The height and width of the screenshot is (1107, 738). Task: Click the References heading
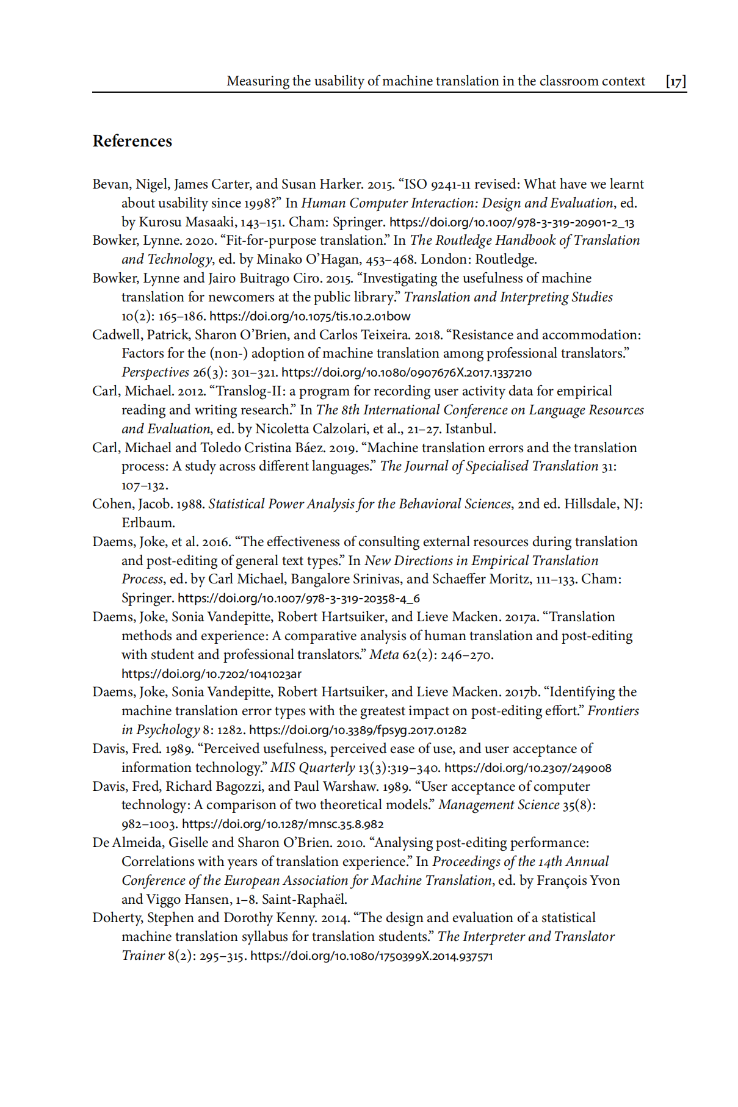132,141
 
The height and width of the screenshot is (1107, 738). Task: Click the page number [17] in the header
676,81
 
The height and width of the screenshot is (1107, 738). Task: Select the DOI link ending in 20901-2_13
512,222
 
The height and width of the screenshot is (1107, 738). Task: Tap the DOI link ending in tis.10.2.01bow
309,316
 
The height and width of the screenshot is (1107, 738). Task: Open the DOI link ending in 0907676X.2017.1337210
406,372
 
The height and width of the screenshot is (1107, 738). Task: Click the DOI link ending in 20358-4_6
298,598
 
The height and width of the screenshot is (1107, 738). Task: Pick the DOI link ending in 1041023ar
211,674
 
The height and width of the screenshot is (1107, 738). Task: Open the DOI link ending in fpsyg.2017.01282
358,730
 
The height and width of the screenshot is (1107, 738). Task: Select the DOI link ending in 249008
527,768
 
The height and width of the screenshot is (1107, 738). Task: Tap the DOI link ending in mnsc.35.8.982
283,824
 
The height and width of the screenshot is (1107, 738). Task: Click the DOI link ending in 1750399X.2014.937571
371,956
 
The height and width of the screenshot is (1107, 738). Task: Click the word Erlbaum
148,523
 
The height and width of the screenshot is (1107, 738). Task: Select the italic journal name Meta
384,655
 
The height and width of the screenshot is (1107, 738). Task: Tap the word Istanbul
470,429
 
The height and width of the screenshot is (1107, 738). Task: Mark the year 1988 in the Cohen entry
190,504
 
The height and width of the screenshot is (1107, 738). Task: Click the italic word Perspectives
155,372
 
